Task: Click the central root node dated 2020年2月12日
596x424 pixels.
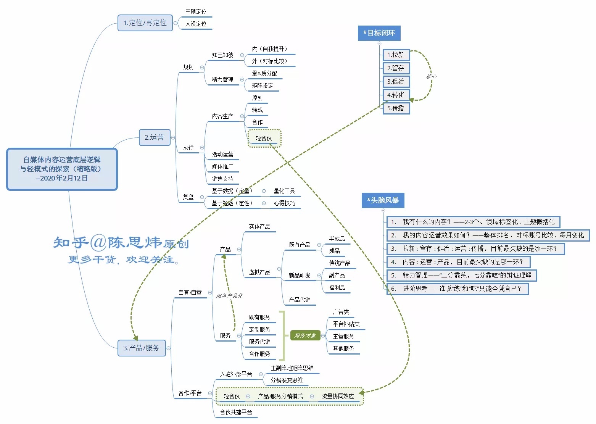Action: click(62, 169)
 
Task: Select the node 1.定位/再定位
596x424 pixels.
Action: click(145, 23)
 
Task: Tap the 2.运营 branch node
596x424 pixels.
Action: click(154, 137)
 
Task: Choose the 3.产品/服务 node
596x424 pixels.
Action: click(142, 348)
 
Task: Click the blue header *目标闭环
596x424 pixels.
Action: click(379, 33)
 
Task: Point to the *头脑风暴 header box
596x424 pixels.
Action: click(382, 200)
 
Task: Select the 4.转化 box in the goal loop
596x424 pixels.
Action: click(396, 95)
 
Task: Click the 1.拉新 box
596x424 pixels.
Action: click(396, 55)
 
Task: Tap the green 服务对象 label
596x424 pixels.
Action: click(305, 335)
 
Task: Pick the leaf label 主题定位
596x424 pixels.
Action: click(196, 12)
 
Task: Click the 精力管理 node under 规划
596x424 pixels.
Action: click(222, 79)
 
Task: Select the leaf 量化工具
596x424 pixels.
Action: click(284, 191)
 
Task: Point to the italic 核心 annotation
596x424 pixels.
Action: click(431, 76)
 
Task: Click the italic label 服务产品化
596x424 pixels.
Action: click(229, 296)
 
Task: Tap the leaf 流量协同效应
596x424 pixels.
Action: click(338, 396)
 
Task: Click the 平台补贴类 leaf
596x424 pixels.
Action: click(346, 324)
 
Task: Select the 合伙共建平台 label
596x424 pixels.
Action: click(236, 412)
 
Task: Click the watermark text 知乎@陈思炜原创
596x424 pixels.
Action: click(121, 243)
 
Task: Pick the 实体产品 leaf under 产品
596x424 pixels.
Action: click(259, 226)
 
